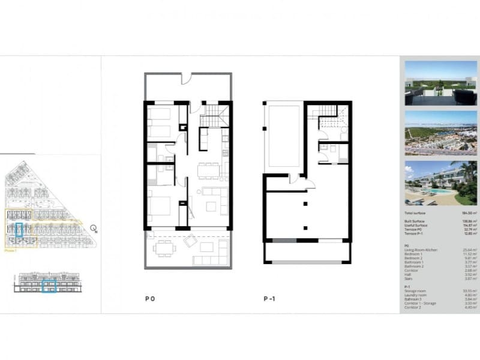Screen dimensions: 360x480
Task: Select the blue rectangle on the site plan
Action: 19,229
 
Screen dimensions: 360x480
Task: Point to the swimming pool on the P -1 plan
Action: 284,136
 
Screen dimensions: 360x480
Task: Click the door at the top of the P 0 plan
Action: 187,78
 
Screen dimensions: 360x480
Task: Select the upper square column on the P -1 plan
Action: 305,205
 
